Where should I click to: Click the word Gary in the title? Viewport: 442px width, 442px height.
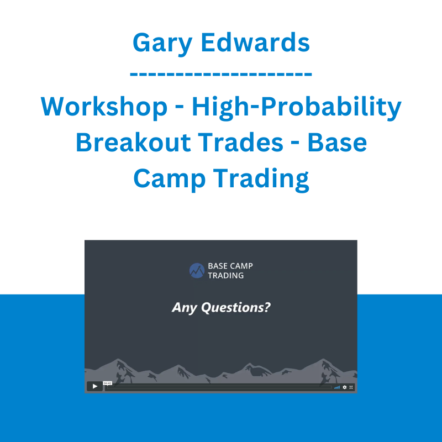162,44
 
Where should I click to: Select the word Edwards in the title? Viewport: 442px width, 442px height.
255,43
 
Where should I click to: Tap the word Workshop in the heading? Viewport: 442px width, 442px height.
104,106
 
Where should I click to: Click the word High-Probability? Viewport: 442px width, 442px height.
297,108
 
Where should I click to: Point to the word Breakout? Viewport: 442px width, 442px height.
132,142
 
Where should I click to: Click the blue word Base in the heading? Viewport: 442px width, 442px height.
337,142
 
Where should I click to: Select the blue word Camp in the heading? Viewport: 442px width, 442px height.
170,180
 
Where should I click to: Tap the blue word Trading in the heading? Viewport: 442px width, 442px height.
261,180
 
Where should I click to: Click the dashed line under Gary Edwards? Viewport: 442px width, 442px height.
220,74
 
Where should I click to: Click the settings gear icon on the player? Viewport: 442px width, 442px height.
344,387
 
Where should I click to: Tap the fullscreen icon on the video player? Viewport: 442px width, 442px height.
351,387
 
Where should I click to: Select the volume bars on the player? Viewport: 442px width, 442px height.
337,388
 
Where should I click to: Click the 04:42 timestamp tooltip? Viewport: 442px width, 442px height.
107,383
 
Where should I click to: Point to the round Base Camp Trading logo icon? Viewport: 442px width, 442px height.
197,271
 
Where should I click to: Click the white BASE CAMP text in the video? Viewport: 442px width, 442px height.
230,266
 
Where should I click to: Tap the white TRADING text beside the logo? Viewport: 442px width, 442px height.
226,275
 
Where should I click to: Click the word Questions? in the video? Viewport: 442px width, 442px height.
236,308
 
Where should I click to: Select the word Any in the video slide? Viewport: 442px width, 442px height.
185,308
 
